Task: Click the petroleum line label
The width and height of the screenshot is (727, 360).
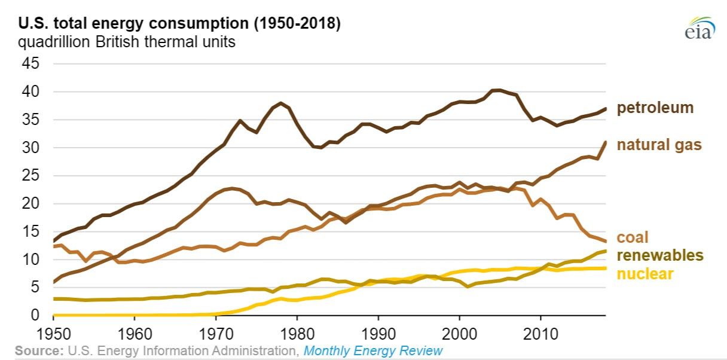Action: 655,108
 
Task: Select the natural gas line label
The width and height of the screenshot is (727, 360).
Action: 659,145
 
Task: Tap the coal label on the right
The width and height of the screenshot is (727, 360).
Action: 633,237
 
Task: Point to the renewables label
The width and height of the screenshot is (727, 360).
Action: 659,256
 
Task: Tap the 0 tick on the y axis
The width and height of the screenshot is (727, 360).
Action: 37,315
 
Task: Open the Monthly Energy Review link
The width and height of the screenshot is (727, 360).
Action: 373,350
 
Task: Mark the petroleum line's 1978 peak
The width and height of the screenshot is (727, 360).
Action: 281,103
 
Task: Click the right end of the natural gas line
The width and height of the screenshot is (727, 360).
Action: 606,142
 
